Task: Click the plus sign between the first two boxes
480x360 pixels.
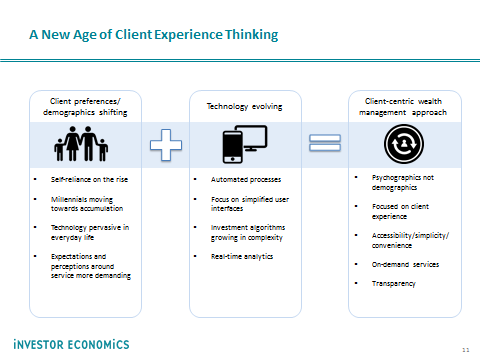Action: (x=166, y=145)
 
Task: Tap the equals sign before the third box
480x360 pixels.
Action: (x=325, y=143)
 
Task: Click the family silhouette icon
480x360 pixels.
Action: (x=81, y=144)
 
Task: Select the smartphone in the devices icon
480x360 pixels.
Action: (x=232, y=147)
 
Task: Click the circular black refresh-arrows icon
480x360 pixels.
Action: (x=404, y=144)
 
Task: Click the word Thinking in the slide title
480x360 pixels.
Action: (x=252, y=35)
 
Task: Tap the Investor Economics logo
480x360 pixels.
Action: (x=71, y=344)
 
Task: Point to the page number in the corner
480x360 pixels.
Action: (x=466, y=350)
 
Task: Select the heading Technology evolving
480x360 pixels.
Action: (x=244, y=107)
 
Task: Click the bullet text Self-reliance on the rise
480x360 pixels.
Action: (x=89, y=179)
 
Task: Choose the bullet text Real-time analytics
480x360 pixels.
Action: (x=242, y=256)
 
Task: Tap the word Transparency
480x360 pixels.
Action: (x=394, y=284)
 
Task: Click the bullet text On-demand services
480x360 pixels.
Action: (x=405, y=264)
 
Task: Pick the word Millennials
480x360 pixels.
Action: (x=65, y=199)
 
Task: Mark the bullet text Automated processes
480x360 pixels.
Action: (x=246, y=179)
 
